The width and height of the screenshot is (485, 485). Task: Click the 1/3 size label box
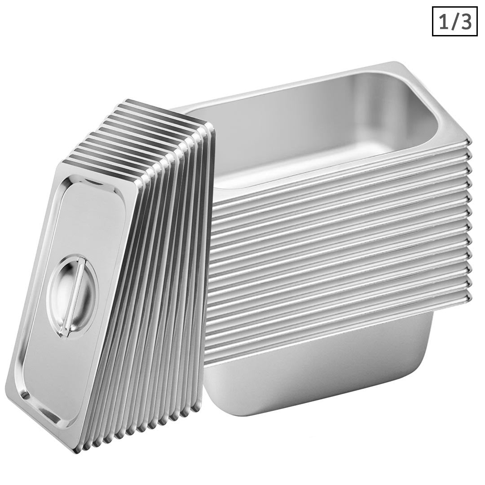455,22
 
